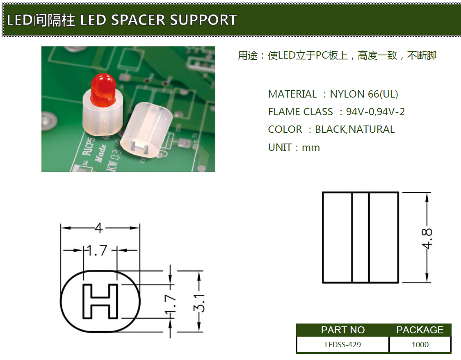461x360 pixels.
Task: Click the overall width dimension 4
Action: (x=98, y=228)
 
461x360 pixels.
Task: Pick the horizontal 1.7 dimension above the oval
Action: (x=97, y=250)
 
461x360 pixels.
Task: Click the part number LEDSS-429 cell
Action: (x=342, y=345)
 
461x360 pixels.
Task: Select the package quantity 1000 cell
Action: (x=420, y=345)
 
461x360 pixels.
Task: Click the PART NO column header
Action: (x=342, y=330)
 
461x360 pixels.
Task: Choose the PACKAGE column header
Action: (x=420, y=330)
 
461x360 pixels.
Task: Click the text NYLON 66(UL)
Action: (x=364, y=94)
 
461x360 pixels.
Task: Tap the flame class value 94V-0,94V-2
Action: (x=375, y=112)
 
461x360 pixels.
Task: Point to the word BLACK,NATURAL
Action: (x=355, y=130)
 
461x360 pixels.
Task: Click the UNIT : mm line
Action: (x=294, y=148)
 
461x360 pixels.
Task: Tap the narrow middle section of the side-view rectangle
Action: (x=361, y=237)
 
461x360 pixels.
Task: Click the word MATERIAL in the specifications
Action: (x=292, y=94)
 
